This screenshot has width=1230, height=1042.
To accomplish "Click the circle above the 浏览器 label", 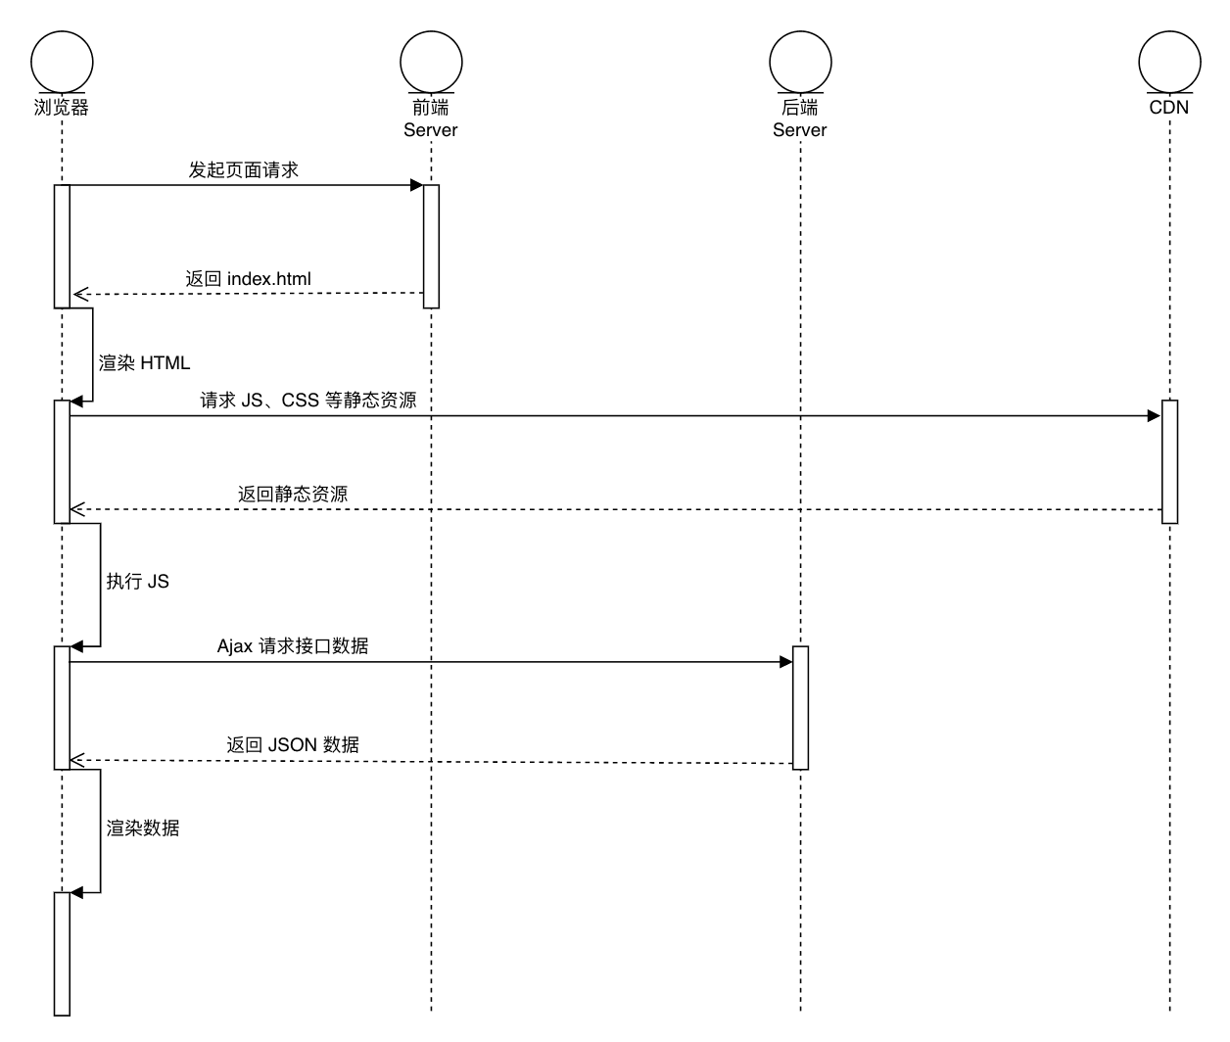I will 62,61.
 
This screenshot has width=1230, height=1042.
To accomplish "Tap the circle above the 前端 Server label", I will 431,61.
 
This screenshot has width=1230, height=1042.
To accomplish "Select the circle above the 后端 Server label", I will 800,61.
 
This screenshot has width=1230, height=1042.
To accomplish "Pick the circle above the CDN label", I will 1169,61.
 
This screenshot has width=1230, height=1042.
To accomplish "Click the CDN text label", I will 1169,108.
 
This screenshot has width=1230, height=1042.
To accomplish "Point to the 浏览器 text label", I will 62,108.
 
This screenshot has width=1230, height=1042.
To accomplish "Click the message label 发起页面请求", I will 244,170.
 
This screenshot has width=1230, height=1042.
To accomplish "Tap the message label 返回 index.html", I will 249,279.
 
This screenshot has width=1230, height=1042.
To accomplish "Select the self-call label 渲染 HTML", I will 145,363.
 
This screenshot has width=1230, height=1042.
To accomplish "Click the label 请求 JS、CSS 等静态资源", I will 308,401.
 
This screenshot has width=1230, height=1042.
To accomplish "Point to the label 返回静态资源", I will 293,495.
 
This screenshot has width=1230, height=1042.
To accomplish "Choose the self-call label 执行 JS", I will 138,582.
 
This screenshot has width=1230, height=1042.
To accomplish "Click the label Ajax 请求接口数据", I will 293,646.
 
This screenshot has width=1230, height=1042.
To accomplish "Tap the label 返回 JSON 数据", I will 293,745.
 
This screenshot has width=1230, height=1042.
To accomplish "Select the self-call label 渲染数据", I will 143,829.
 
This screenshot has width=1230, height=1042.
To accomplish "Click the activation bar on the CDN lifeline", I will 1169,461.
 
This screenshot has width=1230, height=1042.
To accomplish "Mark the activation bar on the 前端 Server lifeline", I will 431,246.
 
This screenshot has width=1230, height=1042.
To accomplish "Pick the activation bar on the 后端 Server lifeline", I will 800,707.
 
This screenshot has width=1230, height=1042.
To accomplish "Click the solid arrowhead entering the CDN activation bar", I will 1154,416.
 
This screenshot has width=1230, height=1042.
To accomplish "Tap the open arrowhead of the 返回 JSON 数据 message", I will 77,760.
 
